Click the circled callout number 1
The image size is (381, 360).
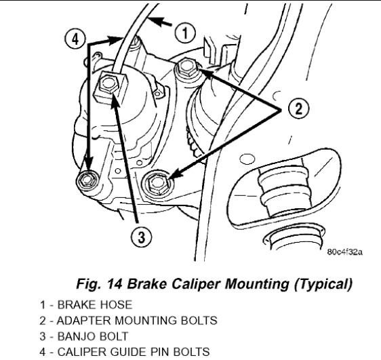185,33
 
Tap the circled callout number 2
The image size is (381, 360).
298,108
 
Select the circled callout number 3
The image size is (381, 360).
142,237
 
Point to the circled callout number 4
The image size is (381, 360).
75,39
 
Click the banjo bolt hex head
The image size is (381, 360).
108,84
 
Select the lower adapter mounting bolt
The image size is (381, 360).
157,183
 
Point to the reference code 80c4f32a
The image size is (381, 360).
345,252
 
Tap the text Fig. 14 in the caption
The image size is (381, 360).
99,283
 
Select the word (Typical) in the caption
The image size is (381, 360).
323,284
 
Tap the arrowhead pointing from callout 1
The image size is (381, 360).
156,22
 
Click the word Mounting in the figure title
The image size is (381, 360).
257,284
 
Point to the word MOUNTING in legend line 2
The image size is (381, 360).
146,321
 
